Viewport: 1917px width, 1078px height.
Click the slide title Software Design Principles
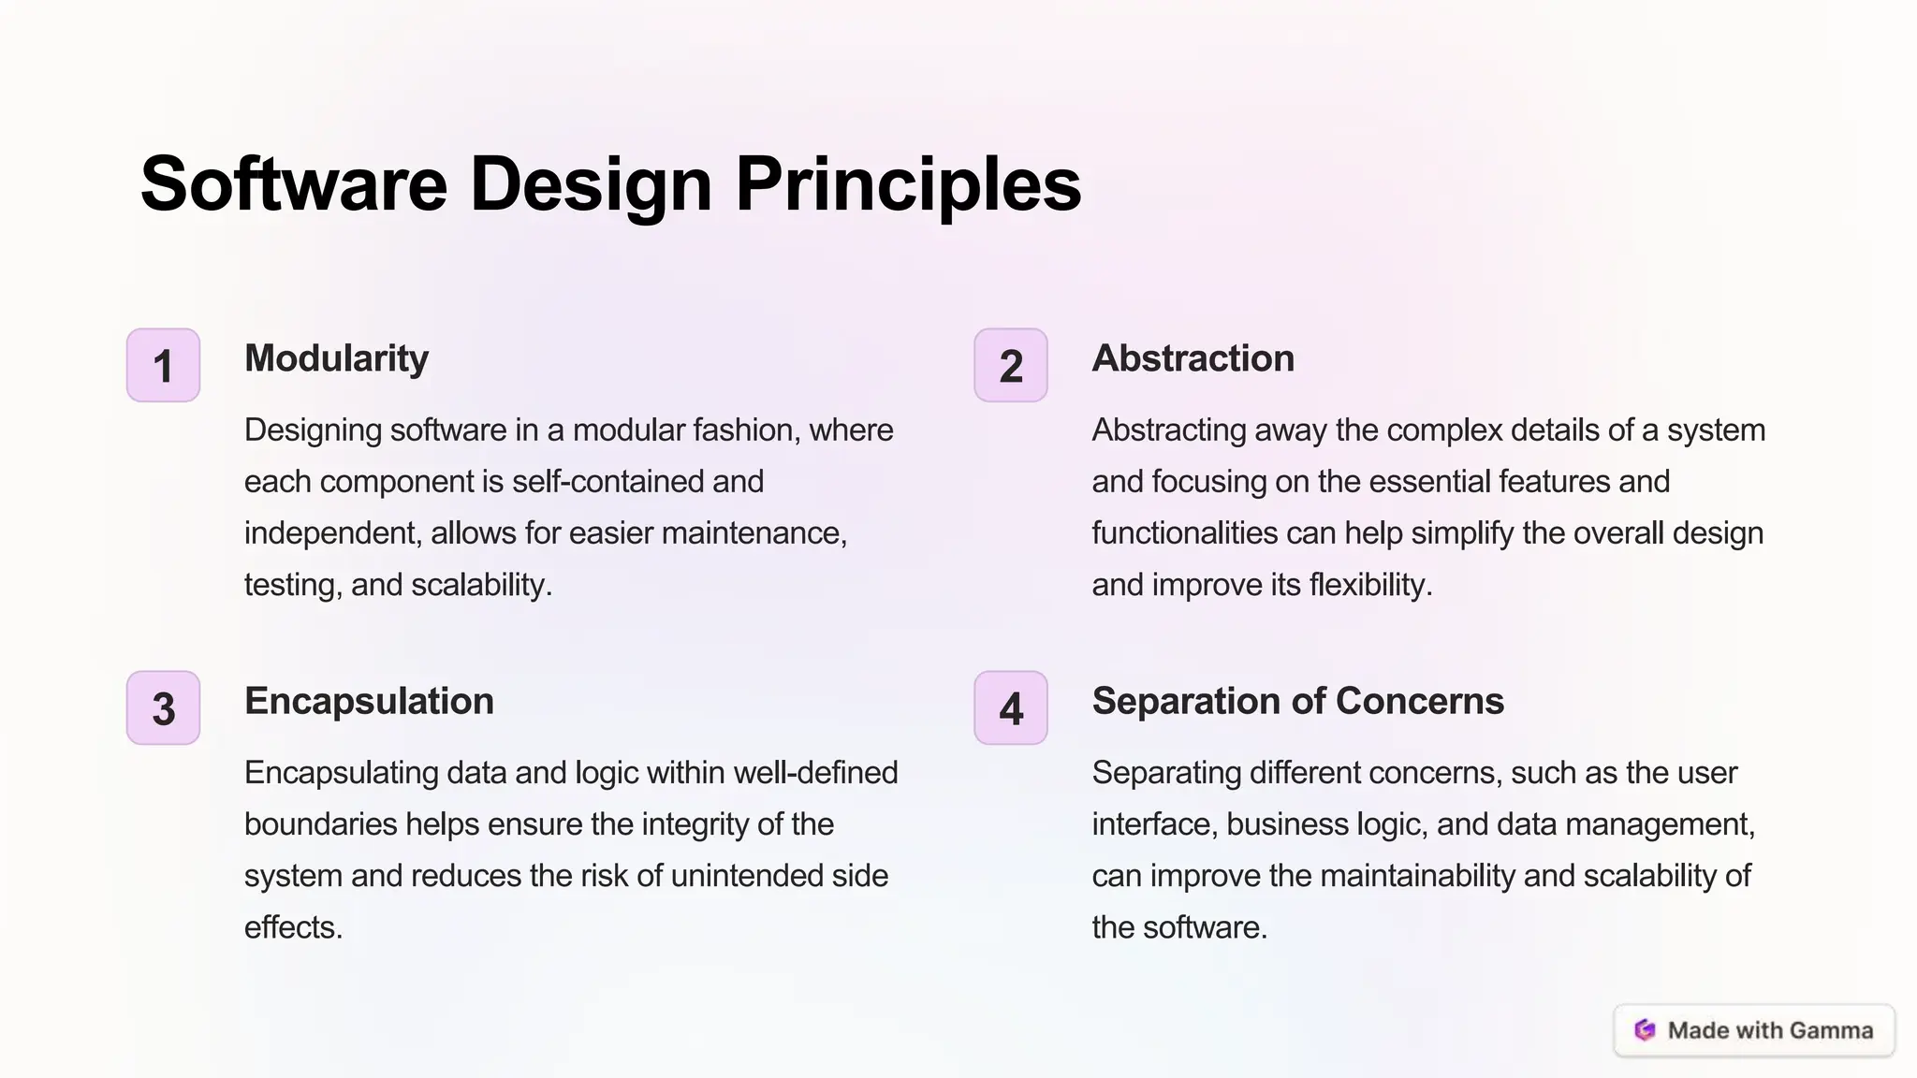[610, 184]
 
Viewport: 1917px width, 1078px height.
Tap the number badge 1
[164, 365]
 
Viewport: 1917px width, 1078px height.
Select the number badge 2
[1011, 365]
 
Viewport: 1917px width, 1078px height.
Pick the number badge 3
[164, 707]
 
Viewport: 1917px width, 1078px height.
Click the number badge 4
[1011, 707]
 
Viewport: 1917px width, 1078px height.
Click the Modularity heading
[336, 358]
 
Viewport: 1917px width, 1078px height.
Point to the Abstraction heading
[1193, 358]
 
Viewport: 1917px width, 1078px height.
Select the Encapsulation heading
[369, 701]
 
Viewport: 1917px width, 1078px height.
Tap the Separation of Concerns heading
[1297, 701]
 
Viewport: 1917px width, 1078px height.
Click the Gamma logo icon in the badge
[1645, 1030]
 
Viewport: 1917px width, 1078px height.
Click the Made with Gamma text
[1770, 1030]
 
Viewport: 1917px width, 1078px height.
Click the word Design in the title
[591, 184]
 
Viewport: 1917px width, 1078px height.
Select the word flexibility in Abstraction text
[1370, 585]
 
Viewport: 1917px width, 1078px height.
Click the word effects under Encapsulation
[293, 927]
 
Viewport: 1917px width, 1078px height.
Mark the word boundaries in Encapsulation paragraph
[320, 824]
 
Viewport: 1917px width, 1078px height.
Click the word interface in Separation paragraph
[1153, 824]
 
